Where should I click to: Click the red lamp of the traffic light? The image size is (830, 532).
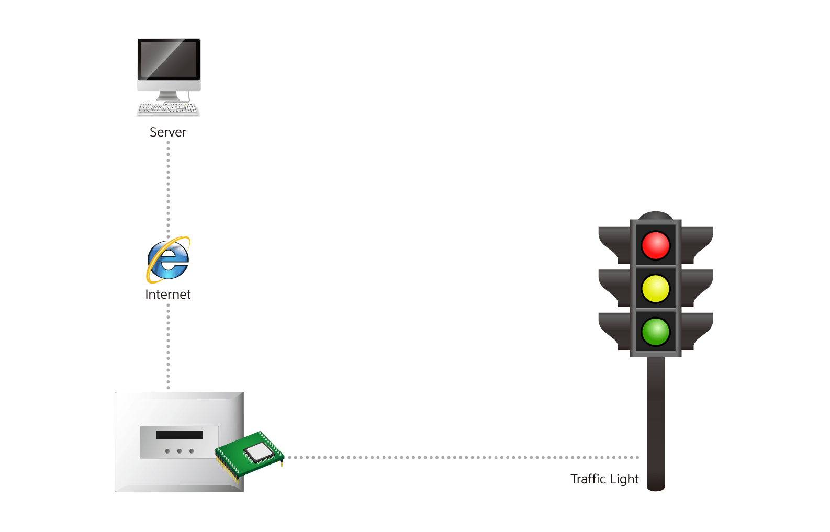[x=655, y=245]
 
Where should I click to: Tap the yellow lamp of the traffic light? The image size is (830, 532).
[x=655, y=289]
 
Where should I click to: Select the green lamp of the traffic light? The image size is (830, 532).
[x=655, y=332]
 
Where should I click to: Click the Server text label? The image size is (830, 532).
[x=168, y=132]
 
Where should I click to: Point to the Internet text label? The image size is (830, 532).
[x=168, y=295]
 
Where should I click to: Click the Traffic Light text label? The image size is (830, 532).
[x=604, y=479]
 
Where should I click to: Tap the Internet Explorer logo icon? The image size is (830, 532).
[x=168, y=259]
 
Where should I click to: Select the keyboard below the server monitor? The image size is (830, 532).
[x=168, y=109]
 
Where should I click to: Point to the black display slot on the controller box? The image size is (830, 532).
[x=180, y=435]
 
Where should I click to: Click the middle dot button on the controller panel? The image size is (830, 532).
[x=180, y=451]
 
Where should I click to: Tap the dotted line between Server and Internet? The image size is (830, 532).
[x=168, y=188]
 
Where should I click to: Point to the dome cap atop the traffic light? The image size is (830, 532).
[x=656, y=215]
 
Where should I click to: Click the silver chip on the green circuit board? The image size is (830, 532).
[x=259, y=451]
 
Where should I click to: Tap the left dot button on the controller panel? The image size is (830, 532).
[x=167, y=451]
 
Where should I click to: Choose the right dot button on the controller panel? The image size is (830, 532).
[x=192, y=451]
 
